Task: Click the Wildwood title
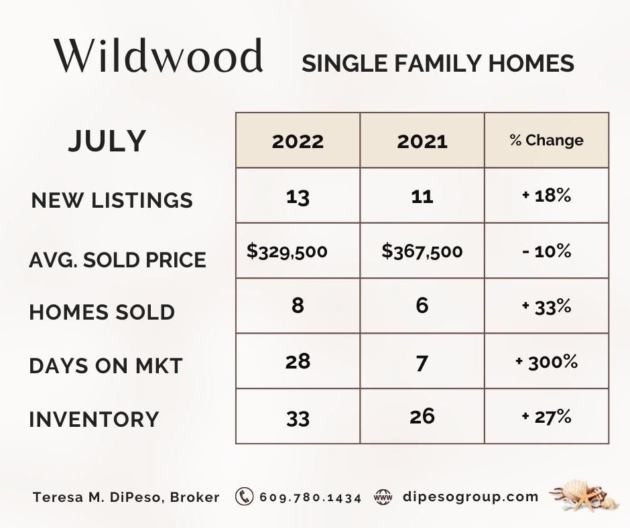point(159,58)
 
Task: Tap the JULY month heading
point(107,141)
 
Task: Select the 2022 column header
point(298,141)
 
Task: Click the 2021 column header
point(422,141)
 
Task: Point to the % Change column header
point(546,141)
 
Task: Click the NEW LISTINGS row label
point(112,200)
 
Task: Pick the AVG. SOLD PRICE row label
point(118,259)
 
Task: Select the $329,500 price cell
point(288,251)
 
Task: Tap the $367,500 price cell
point(422,251)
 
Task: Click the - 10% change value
point(546,251)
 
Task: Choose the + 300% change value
point(546,362)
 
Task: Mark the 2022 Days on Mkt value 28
point(298,362)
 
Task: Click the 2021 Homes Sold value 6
point(422,306)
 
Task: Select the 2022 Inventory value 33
point(298,418)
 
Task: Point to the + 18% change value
point(546,196)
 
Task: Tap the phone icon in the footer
point(244,497)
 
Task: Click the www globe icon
point(383,497)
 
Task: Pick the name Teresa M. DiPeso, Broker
point(126,497)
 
